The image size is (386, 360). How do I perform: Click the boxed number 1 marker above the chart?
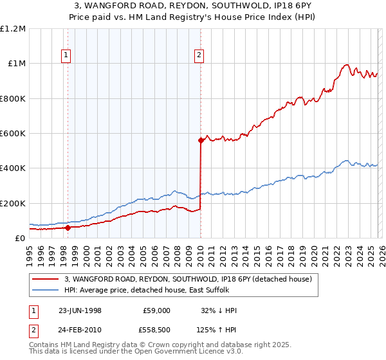(x=67, y=56)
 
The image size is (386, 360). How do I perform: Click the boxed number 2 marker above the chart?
(x=199, y=56)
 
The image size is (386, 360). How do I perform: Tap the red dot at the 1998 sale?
(x=68, y=228)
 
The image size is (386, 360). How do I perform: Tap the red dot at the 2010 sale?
(x=201, y=140)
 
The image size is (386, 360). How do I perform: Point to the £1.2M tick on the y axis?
(x=14, y=29)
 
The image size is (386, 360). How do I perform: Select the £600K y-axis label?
(x=14, y=134)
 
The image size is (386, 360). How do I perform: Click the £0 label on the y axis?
(x=20, y=239)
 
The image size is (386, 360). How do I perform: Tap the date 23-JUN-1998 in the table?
(x=80, y=310)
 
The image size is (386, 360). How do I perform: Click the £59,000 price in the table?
(x=156, y=310)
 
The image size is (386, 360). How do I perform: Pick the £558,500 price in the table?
(x=156, y=328)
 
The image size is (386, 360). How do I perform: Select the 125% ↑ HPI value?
(x=217, y=328)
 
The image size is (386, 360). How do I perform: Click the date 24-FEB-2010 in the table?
(x=80, y=328)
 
